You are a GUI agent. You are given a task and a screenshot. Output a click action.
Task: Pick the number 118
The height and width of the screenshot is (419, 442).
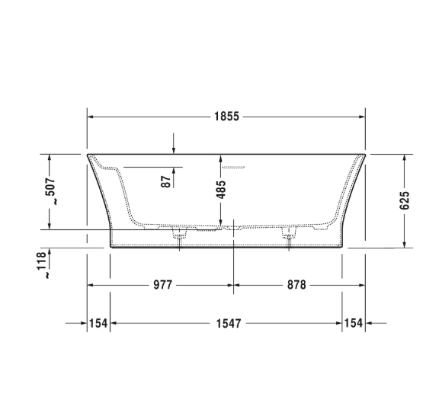click(50, 260)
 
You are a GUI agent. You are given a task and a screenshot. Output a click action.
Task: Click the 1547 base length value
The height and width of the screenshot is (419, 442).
click(227, 324)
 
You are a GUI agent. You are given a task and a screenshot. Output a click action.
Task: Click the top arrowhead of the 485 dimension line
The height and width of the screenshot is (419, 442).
click(221, 158)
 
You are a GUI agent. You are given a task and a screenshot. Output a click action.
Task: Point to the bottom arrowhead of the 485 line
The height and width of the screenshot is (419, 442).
click(221, 224)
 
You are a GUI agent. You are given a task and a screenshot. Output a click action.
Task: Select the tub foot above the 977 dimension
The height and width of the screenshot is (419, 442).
click(179, 236)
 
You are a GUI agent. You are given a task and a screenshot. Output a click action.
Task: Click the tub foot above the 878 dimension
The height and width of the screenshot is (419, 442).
click(289, 236)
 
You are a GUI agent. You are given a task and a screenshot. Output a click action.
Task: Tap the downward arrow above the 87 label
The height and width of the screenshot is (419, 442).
click(174, 149)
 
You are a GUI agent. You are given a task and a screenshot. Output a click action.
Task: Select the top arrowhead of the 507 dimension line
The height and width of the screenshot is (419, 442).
click(50, 157)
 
